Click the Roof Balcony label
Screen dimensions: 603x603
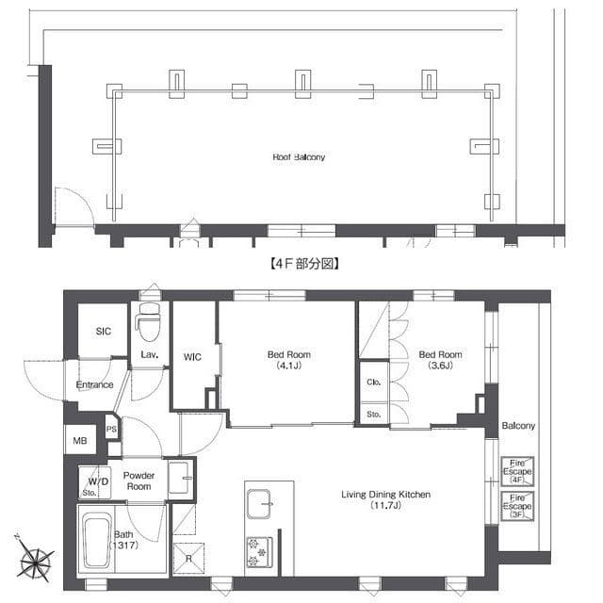pyautogui.click(x=299, y=157)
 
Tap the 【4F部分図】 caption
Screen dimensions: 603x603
pyautogui.click(x=303, y=264)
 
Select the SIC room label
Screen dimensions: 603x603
pyautogui.click(x=104, y=331)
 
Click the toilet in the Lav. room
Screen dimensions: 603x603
pyautogui.click(x=149, y=322)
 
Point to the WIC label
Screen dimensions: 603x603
pyautogui.click(x=192, y=357)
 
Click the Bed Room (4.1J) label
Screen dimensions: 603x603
pyautogui.click(x=289, y=360)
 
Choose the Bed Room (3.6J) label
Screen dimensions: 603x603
pyautogui.click(x=440, y=360)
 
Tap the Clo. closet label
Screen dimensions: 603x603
pyautogui.click(x=374, y=382)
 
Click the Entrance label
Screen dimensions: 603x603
pyautogui.click(x=94, y=385)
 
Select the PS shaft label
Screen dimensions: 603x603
pyautogui.click(x=111, y=430)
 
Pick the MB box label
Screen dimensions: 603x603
pyautogui.click(x=80, y=441)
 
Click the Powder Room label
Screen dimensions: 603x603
pyautogui.click(x=139, y=481)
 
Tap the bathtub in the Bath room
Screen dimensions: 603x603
pyautogui.click(x=96, y=543)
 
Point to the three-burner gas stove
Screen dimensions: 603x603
pyautogui.click(x=260, y=552)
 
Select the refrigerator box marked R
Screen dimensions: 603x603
pyautogui.click(x=188, y=558)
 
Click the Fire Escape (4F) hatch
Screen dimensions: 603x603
pyautogui.click(x=517, y=471)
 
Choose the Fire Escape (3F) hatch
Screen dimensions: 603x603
pyautogui.click(x=517, y=506)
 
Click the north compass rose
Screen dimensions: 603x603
pyautogui.click(x=36, y=562)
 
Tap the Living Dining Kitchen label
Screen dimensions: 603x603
pyautogui.click(x=385, y=499)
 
